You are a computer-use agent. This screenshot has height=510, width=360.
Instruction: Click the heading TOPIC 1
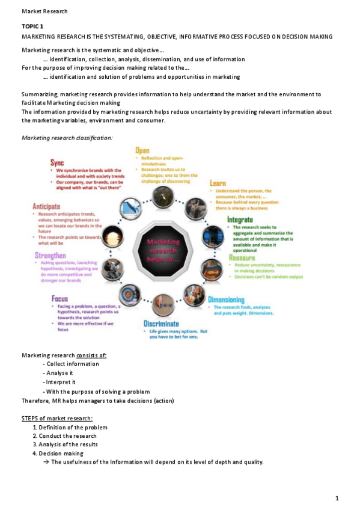tap(32, 26)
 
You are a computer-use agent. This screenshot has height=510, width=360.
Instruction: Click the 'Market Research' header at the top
tap(44, 11)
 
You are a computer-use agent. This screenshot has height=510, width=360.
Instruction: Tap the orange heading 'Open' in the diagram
tap(142, 150)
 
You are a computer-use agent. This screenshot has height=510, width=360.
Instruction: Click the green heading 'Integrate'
tap(239, 220)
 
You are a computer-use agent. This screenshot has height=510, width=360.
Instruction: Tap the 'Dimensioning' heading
tap(226, 299)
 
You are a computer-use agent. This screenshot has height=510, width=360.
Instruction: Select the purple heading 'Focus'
tap(59, 298)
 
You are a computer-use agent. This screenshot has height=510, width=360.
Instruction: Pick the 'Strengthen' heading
tap(50, 256)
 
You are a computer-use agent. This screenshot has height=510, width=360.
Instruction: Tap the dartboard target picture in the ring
tap(129, 295)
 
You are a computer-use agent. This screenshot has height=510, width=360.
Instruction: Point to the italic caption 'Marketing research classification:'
tap(67, 138)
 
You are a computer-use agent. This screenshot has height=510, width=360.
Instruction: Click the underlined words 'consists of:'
tap(92, 355)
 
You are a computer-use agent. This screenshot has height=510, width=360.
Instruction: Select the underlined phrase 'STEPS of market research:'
tap(57, 418)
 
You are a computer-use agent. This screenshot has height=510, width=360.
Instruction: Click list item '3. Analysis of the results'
tap(65, 444)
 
